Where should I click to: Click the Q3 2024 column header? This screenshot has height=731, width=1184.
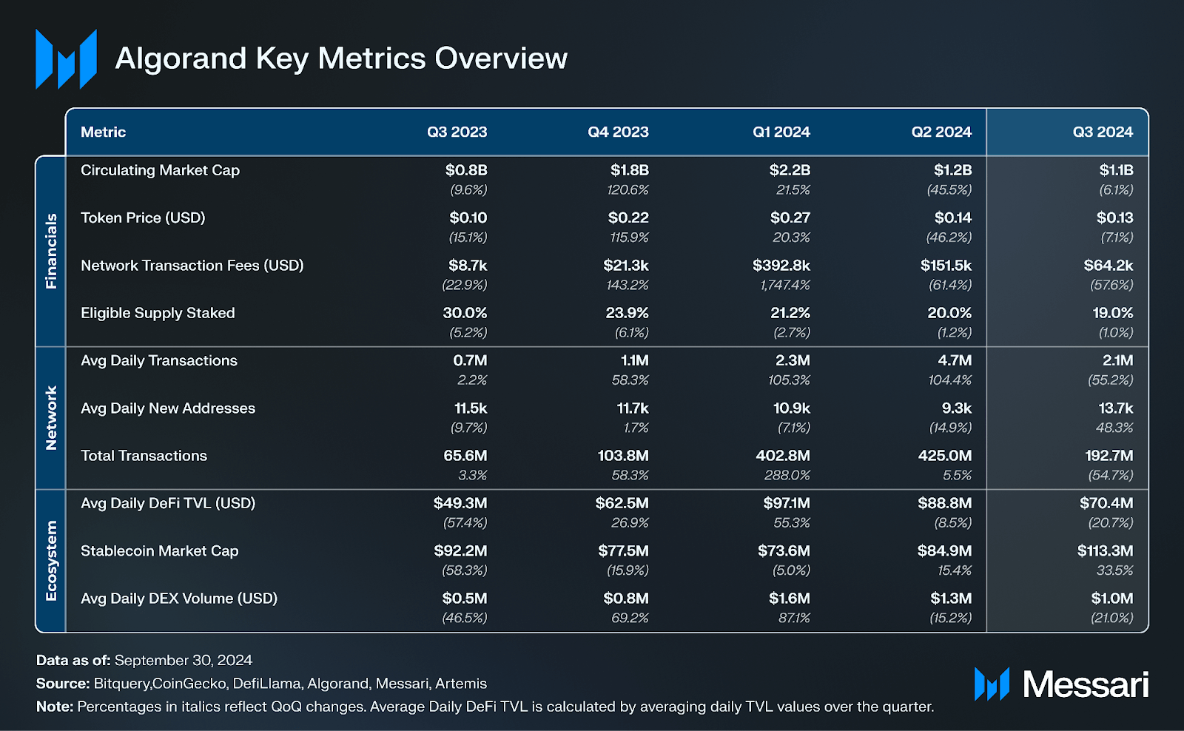point(1103,132)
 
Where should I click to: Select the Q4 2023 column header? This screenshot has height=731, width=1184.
point(618,132)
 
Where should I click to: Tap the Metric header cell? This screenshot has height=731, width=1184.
point(103,132)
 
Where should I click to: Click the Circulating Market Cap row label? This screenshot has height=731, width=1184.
point(160,170)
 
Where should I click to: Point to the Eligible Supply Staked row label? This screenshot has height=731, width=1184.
point(158,313)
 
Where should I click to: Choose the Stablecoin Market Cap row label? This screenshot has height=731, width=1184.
point(159,551)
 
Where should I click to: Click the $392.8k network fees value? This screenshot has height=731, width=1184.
point(781,266)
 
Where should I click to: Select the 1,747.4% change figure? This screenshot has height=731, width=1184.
point(784,285)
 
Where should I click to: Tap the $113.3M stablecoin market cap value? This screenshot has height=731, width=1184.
point(1105,551)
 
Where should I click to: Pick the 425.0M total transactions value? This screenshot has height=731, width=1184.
point(944,456)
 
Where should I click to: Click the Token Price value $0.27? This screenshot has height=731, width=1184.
point(790,218)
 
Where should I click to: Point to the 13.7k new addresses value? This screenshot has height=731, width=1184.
point(1115,408)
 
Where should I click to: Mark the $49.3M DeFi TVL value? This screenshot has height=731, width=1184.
point(460,503)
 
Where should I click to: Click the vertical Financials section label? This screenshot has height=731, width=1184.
point(51,251)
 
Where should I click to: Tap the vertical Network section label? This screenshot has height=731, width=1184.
point(51,418)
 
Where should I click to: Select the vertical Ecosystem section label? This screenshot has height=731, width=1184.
point(51,561)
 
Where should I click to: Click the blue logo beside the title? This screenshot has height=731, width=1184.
point(66,59)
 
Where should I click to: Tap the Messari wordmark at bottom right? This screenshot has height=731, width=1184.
point(1085,684)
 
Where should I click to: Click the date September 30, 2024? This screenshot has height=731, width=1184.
point(183,660)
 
